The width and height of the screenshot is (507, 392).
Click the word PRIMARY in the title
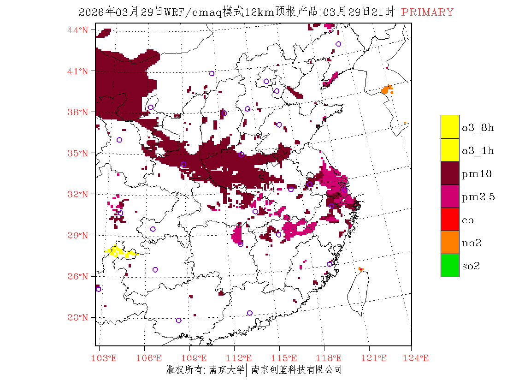coord(427,12)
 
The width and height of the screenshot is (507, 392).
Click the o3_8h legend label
coord(478,127)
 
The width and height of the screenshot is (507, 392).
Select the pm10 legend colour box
coord(450,173)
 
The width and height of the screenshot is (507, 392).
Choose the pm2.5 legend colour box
coord(450,196)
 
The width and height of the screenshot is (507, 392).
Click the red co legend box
coord(450,220)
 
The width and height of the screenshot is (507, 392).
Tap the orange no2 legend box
coord(450,243)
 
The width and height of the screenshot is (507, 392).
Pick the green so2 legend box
coord(450,266)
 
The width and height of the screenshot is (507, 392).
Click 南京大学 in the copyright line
coord(226,370)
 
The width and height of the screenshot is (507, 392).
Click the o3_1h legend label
coord(478,150)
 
